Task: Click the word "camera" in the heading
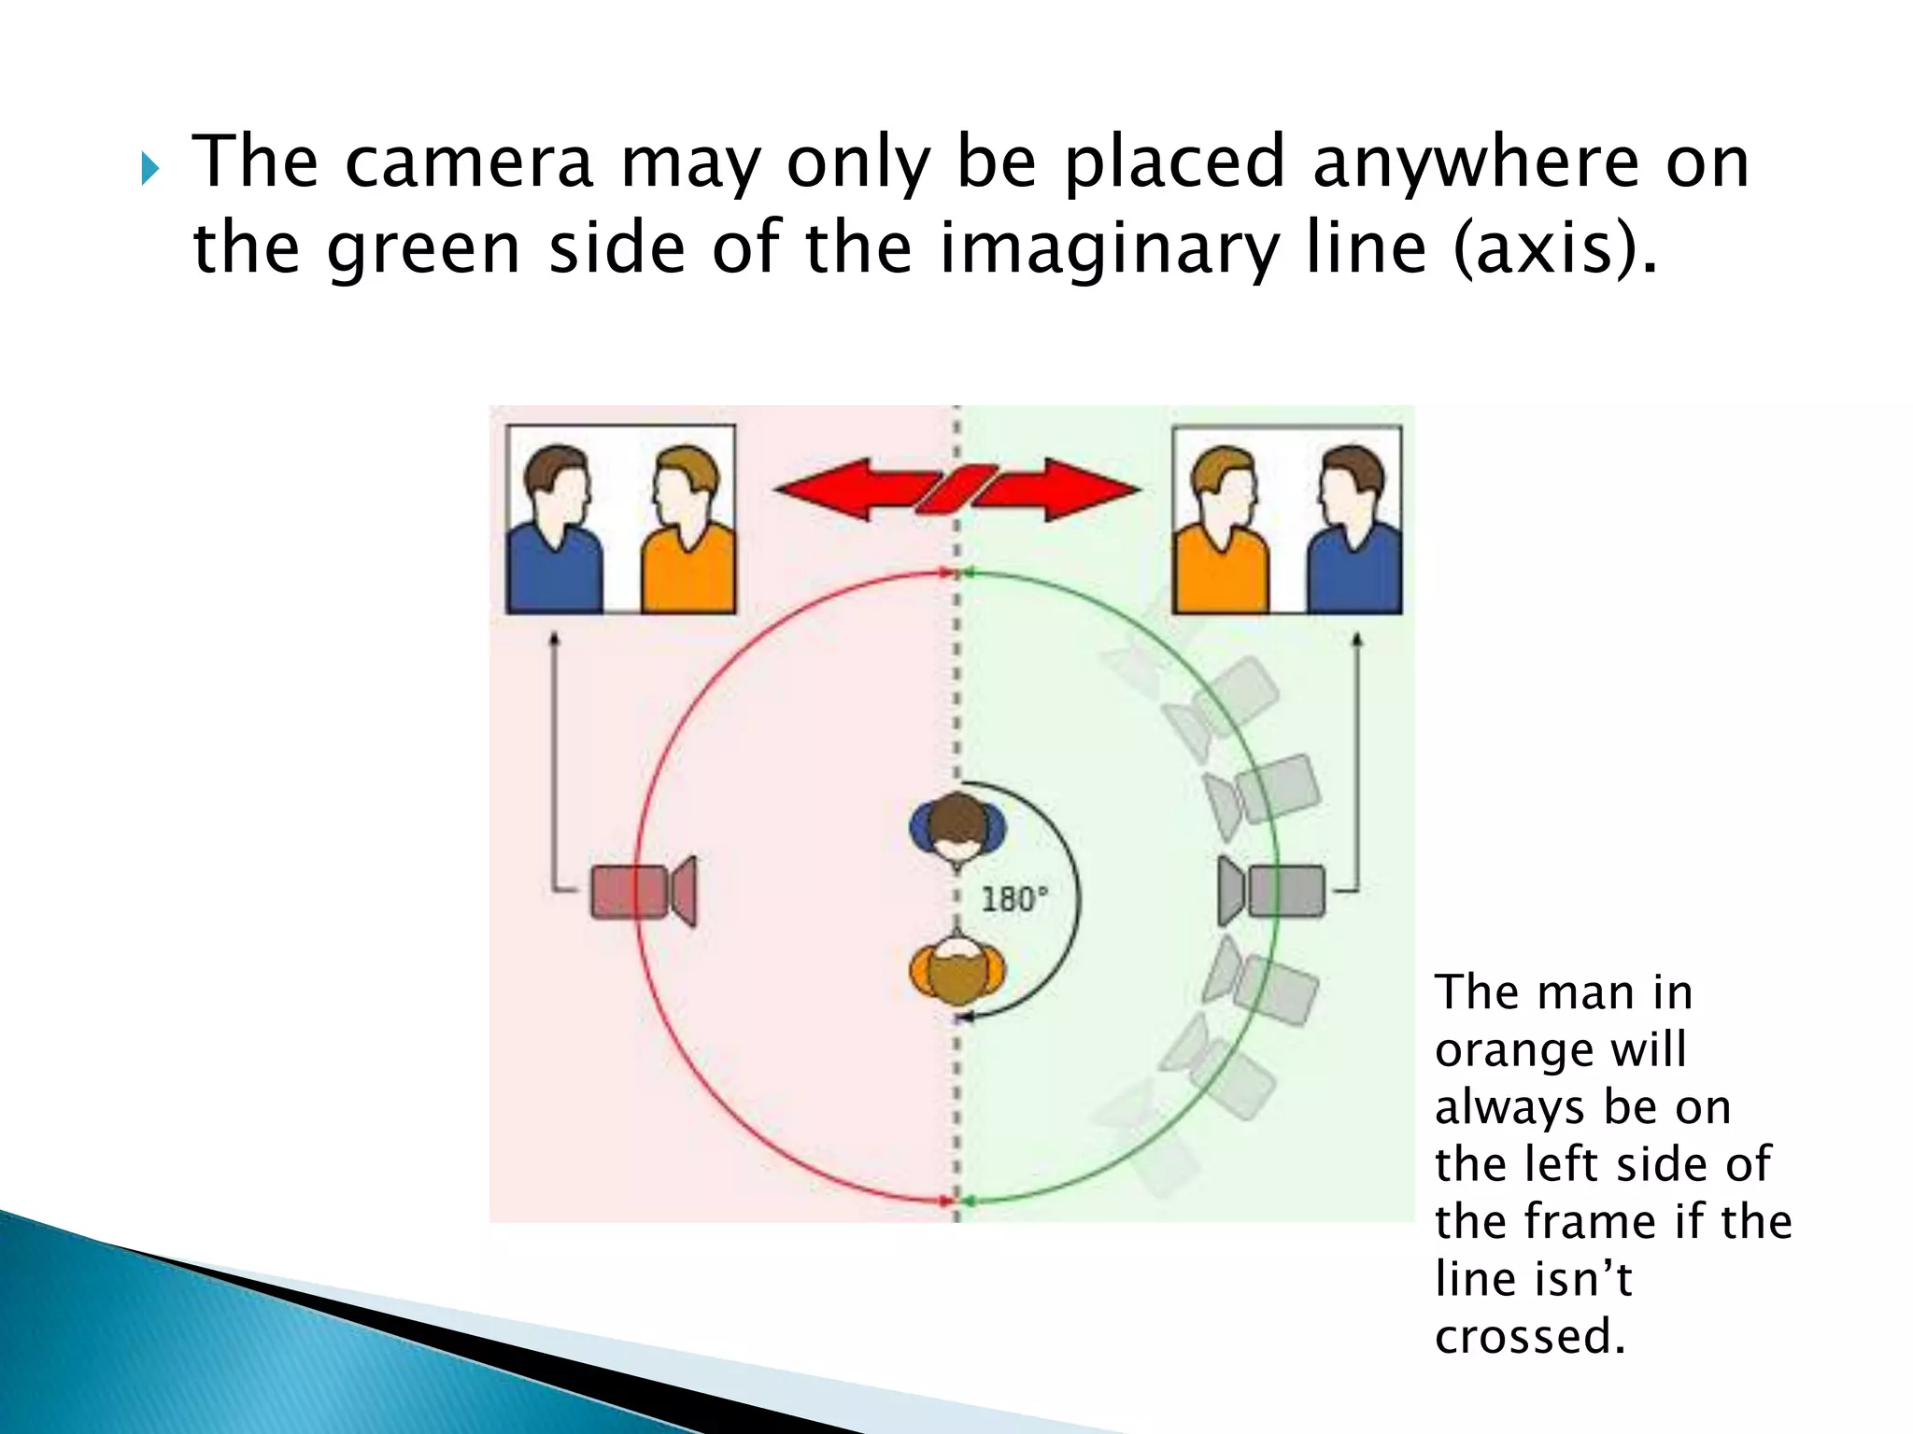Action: point(469,162)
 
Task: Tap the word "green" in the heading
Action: point(422,249)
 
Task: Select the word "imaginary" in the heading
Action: point(1109,249)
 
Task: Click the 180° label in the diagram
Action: point(1014,899)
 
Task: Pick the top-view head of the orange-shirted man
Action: point(957,971)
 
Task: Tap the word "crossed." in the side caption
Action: point(1530,1336)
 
